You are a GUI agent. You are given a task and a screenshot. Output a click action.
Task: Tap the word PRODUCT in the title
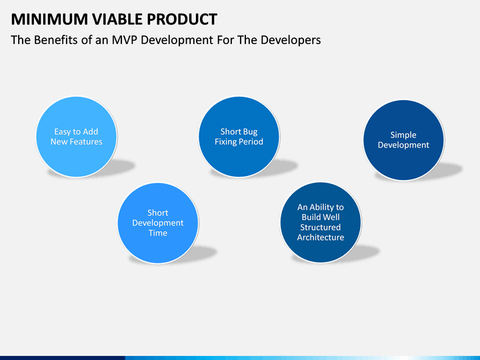coord(182,19)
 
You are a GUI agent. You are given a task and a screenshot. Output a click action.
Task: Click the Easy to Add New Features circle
coord(77,137)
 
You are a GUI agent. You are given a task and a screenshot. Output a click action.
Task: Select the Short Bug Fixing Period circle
coord(239,137)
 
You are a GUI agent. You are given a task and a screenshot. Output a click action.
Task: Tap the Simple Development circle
coord(403,140)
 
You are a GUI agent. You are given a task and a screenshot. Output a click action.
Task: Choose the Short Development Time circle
coord(158,223)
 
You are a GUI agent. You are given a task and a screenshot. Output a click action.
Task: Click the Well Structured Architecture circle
coord(321,223)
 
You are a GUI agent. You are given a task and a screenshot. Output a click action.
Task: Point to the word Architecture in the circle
coord(321,237)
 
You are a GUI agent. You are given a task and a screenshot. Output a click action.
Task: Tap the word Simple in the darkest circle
coord(403,135)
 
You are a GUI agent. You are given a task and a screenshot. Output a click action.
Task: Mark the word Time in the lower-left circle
coord(158,233)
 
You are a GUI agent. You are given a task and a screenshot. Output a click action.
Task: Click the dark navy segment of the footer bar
coord(63,358)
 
